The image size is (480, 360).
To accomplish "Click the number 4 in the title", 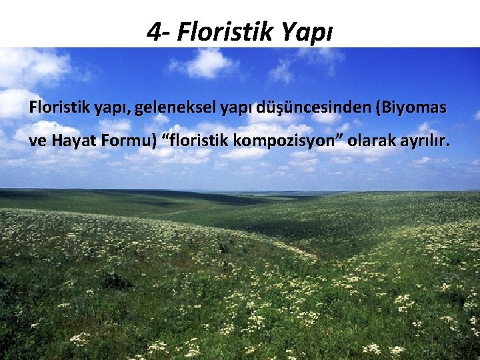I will tap(154, 31).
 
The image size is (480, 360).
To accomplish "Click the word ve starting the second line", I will tap(37, 142).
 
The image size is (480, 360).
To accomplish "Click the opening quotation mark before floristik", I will tap(166, 138).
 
